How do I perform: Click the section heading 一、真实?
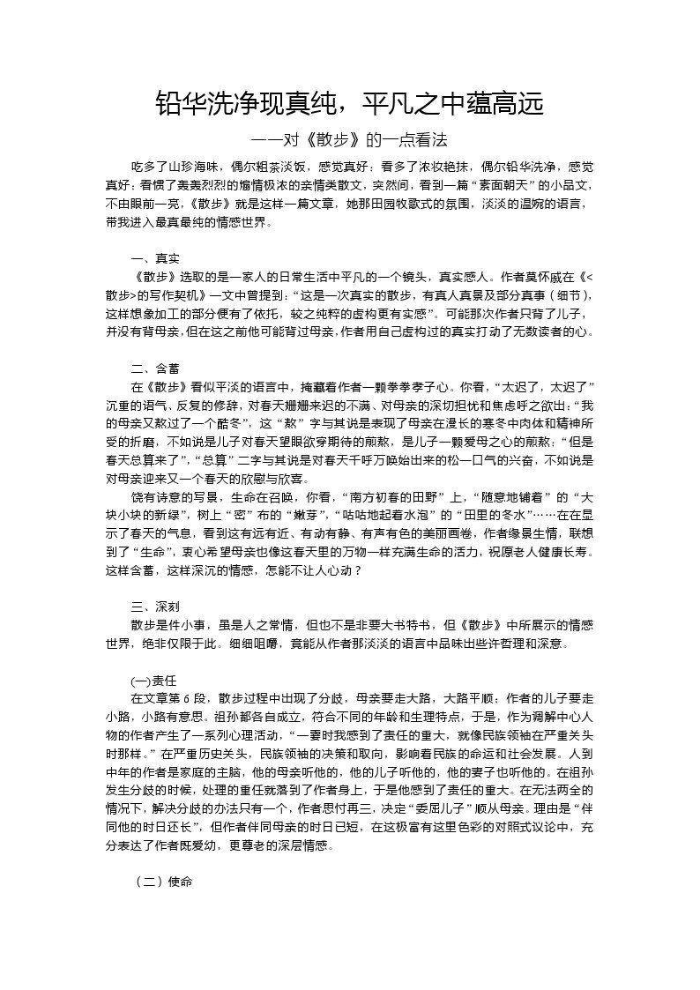[155, 258]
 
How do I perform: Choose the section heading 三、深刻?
[155, 607]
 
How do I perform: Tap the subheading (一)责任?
[154, 681]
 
